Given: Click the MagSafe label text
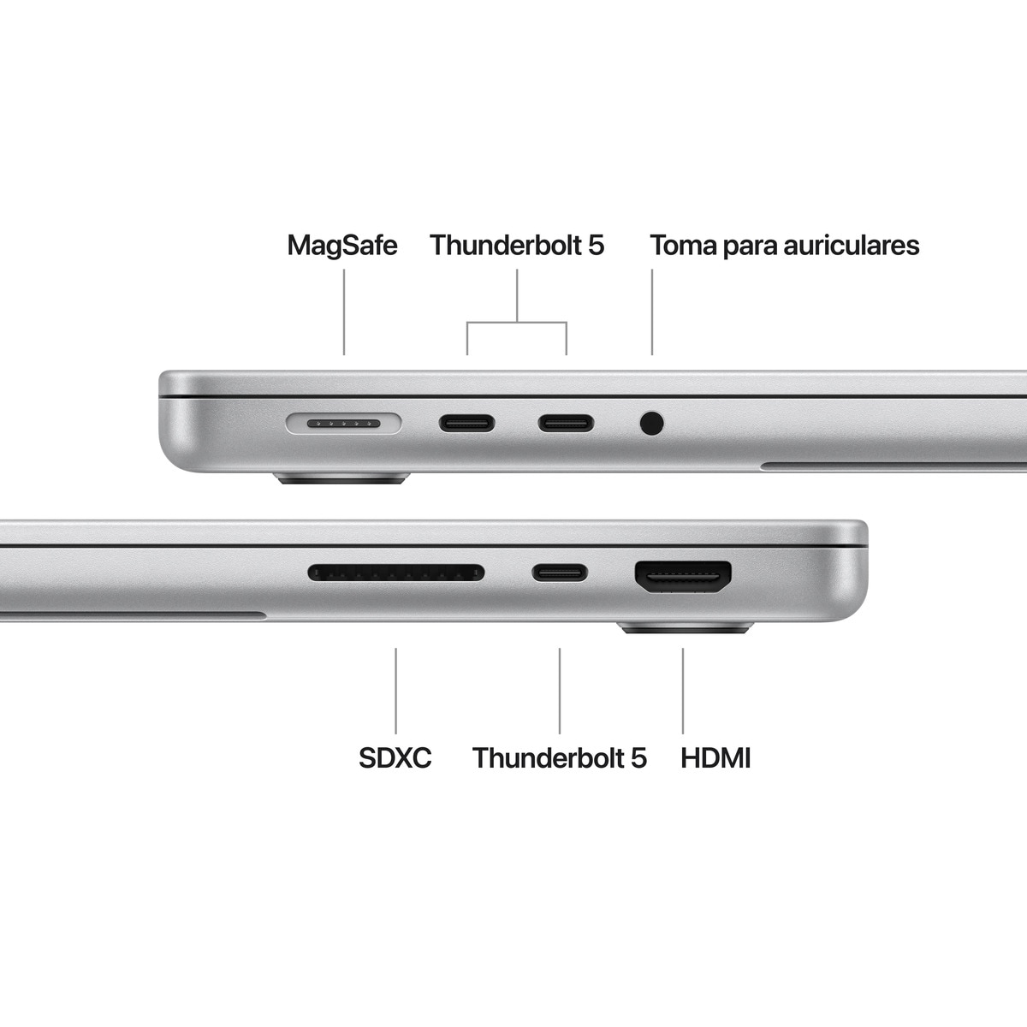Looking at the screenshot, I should (341, 246).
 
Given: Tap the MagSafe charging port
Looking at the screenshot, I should (343, 423).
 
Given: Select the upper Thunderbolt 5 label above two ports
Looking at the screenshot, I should (517, 246).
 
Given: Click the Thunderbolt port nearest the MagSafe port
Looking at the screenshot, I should (466, 423).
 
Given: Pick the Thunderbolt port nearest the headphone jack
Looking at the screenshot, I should (565, 423).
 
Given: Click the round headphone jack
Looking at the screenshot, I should (651, 423).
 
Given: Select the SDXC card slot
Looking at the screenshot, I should (395, 572).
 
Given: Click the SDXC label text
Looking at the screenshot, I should (395, 758).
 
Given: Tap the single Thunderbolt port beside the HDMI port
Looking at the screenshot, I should (560, 572).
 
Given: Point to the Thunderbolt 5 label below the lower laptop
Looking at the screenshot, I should (560, 758).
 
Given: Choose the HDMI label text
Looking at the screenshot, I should (715, 758).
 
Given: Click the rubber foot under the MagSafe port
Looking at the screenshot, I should (342, 478).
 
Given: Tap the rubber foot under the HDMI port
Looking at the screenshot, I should (686, 628).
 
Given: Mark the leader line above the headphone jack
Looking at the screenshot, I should (652, 312).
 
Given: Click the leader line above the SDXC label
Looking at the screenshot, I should (395, 690).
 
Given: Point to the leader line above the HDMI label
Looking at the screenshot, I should (683, 690).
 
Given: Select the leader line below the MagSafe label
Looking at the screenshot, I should (344, 312).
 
